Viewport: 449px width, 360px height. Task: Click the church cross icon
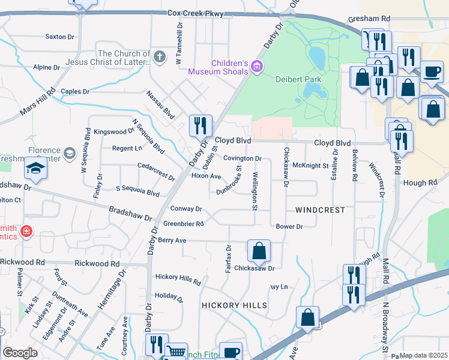pyautogui.click(x=158, y=58)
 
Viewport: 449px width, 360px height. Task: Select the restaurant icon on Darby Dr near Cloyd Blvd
pyautogui.click(x=200, y=125)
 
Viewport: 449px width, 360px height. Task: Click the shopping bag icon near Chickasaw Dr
pyautogui.click(x=259, y=250)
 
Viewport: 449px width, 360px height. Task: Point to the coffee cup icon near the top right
pyautogui.click(x=432, y=71)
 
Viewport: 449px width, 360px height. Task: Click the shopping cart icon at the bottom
pyautogui.click(x=175, y=352)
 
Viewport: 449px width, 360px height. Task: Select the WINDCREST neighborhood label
pyautogui.click(x=320, y=210)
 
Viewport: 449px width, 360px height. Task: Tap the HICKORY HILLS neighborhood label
pyautogui.click(x=235, y=305)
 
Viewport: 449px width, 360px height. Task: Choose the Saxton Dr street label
pyautogui.click(x=59, y=37)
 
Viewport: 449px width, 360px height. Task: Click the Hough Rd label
pyautogui.click(x=420, y=182)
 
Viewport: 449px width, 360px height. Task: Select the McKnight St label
pyautogui.click(x=311, y=166)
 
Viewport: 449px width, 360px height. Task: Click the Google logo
pyautogui.click(x=20, y=353)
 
